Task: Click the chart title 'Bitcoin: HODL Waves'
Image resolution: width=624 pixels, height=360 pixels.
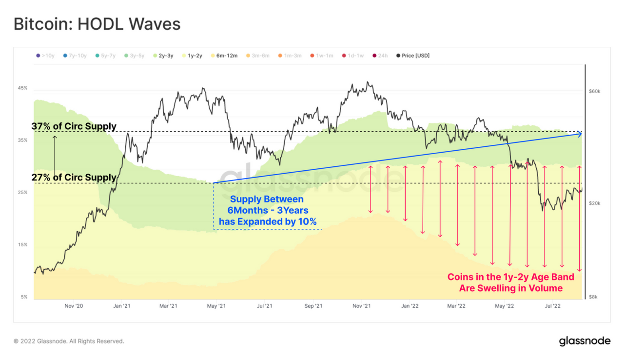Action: pos(97,24)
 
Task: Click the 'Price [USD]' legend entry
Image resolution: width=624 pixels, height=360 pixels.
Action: pos(415,56)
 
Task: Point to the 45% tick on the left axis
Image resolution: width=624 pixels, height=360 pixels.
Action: pos(23,88)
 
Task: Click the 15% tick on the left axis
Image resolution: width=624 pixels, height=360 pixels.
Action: pos(23,245)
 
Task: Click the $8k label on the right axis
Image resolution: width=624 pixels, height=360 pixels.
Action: pos(593,297)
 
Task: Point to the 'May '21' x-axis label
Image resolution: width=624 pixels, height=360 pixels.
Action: pos(216,306)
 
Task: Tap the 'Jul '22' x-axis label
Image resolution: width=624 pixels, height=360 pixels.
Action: pos(552,306)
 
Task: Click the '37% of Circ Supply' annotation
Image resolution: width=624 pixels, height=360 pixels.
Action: pos(74,126)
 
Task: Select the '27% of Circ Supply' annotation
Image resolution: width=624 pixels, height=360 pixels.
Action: pos(74,177)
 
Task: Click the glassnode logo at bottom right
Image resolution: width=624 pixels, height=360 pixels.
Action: pos(584,341)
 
